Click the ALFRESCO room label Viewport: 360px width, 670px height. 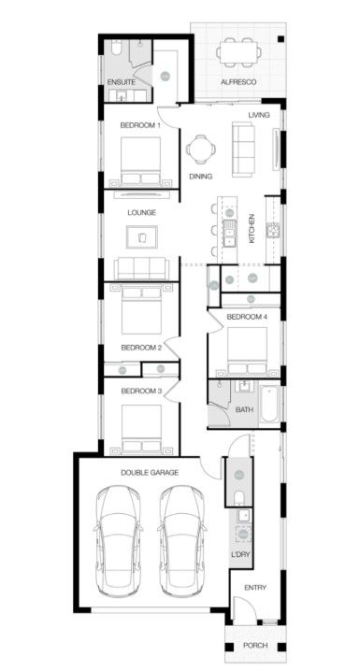[238, 82]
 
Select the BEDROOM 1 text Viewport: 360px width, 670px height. [140, 124]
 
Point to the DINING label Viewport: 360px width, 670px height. [200, 176]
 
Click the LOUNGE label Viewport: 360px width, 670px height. [141, 212]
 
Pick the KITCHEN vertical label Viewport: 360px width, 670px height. [251, 229]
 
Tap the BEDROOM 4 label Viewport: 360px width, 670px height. [247, 317]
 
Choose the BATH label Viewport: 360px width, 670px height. [244, 409]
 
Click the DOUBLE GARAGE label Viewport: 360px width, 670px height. [150, 472]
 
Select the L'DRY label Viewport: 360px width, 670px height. [240, 554]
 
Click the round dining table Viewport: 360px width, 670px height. [200, 149]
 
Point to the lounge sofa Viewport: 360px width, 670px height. [142, 269]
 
